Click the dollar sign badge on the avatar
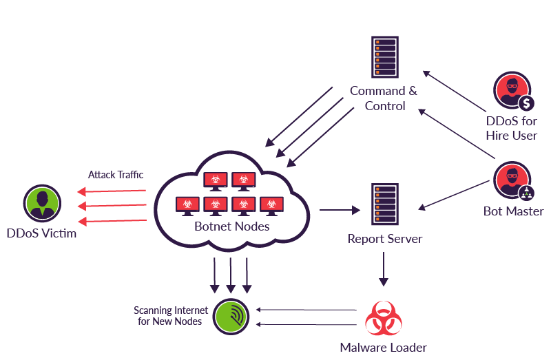tap(527, 103)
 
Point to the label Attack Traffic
tap(116, 175)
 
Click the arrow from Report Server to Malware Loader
tap(384, 268)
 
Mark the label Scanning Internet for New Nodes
tap(169, 315)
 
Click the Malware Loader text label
tap(383, 348)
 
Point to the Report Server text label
tap(384, 239)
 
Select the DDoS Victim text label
tap(41, 233)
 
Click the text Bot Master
tap(513, 211)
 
